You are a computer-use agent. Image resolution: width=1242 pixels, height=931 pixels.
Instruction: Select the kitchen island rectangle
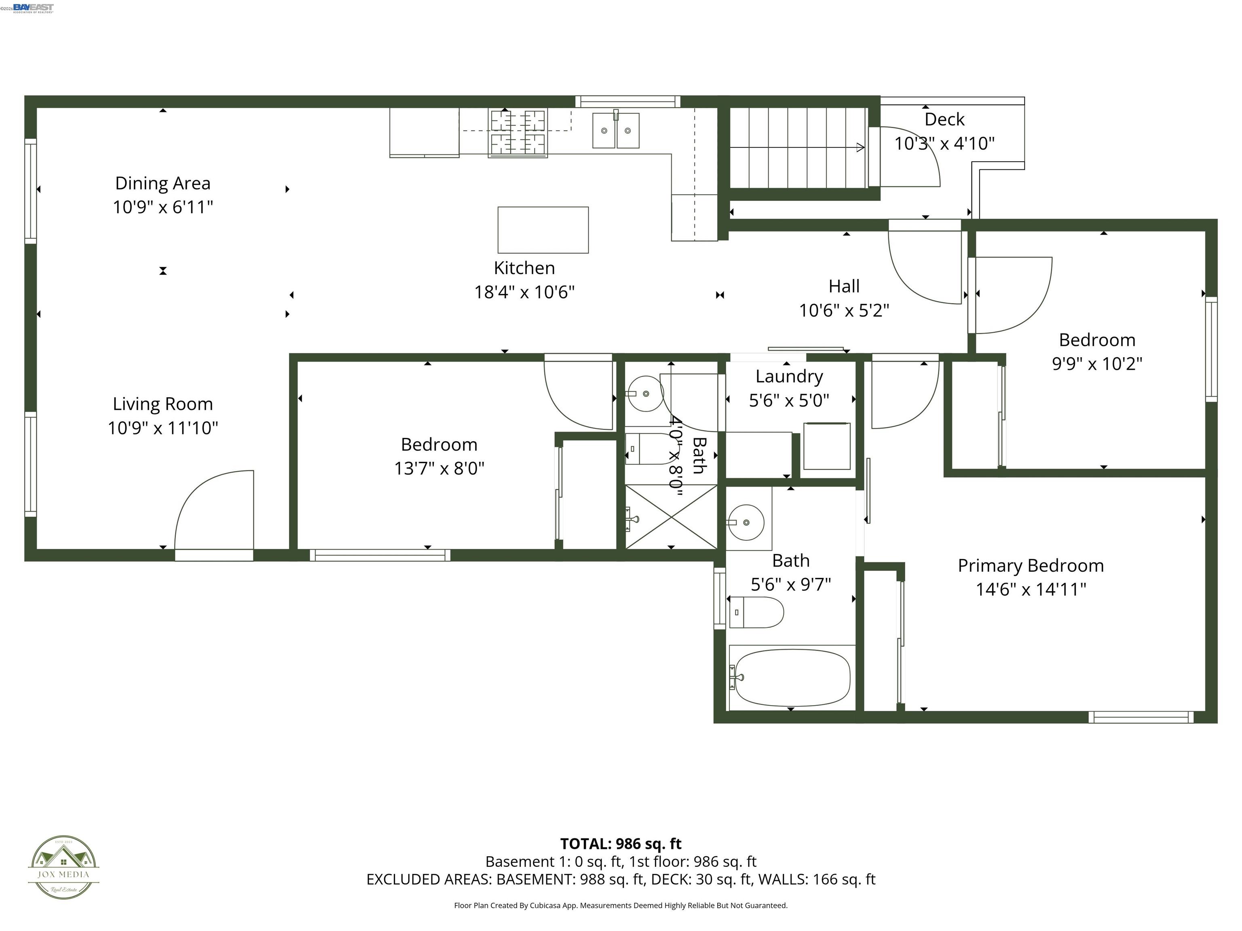pos(543,230)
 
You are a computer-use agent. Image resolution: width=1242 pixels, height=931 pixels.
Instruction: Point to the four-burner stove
pos(517,133)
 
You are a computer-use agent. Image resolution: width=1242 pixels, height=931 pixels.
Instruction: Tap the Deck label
pos(944,120)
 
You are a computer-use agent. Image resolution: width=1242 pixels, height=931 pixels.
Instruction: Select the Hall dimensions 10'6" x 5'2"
pos(843,310)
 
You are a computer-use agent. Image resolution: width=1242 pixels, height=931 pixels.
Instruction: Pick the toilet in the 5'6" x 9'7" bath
pos(756,612)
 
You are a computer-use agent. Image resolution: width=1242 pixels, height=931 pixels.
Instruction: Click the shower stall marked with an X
pos(671,517)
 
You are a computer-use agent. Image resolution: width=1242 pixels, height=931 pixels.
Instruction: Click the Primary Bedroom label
pos(1030,566)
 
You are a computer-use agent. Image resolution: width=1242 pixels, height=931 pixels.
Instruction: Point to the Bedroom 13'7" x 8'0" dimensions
pos(439,469)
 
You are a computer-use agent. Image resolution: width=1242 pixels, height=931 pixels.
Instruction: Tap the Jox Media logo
pos(63,867)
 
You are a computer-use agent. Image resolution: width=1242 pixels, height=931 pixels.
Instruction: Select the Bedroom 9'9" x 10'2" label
pos(1096,340)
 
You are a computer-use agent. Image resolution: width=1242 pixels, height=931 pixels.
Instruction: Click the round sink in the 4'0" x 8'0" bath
pos(645,394)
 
